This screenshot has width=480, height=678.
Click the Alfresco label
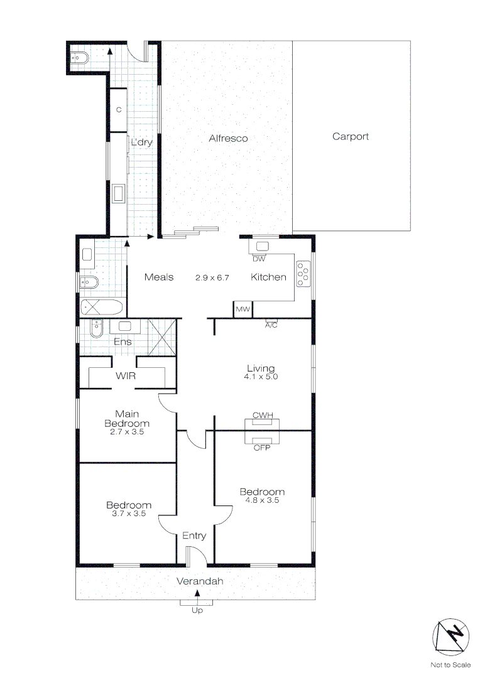228,138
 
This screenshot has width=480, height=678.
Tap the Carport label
351,136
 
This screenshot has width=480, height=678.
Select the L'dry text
141,142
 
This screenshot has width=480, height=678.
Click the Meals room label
159,277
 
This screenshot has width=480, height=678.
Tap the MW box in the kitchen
243,309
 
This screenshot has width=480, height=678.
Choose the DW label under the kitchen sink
259,259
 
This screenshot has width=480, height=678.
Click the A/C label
271,325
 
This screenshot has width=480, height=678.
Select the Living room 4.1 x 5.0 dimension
261,377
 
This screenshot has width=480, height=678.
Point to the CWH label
261,416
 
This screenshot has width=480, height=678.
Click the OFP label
261,448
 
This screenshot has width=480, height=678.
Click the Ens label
123,342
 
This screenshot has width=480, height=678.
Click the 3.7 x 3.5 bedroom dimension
128,514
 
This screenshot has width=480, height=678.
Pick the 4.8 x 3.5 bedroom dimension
262,500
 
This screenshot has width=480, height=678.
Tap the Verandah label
200,581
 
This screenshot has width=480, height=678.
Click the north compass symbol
450,637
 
